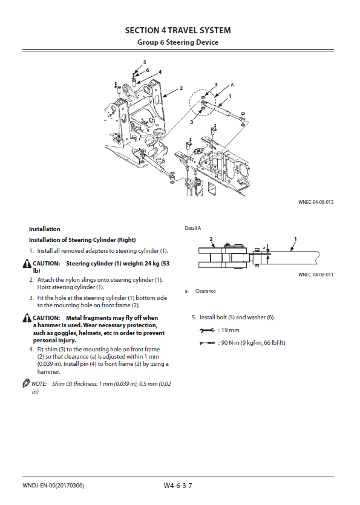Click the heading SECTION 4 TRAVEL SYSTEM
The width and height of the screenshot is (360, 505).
tap(178, 31)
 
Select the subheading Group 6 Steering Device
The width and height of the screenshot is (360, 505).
tap(178, 42)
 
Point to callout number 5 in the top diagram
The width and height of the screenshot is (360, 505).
tap(145, 62)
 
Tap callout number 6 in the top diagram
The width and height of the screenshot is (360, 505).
tap(147, 70)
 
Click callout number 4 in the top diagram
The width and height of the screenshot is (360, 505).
tap(160, 72)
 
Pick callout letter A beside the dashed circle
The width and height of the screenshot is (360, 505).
tap(232, 85)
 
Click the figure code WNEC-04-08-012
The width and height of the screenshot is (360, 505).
tap(316, 202)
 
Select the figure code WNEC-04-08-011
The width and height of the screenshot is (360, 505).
tap(316, 275)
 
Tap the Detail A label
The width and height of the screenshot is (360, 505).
tap(193, 228)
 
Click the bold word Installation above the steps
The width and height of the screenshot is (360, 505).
tap(45, 229)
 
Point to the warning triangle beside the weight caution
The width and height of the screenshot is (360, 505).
tap(27, 264)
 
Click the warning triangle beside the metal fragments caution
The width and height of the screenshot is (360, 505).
tap(27, 318)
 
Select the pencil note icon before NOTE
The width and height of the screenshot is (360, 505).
tap(26, 383)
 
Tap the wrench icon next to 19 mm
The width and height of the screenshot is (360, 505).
tap(207, 330)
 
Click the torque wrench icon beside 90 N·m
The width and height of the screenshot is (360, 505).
tap(207, 344)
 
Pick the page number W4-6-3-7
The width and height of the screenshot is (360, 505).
tap(178, 486)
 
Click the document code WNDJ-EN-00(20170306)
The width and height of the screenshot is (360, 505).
tap(53, 486)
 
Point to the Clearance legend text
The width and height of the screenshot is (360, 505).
tap(205, 291)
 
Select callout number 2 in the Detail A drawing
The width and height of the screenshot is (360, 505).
tap(211, 239)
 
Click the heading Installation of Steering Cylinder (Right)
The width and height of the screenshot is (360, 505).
tap(82, 240)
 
